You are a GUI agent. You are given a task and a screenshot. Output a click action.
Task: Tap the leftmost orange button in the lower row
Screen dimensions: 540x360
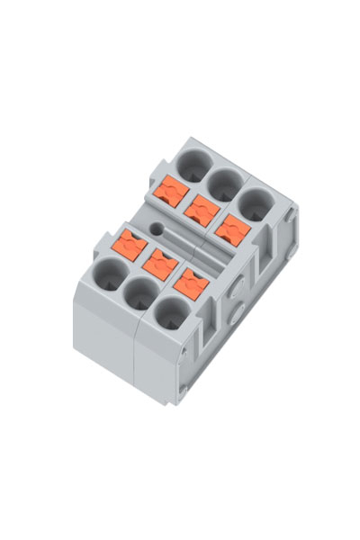(x=132, y=244)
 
